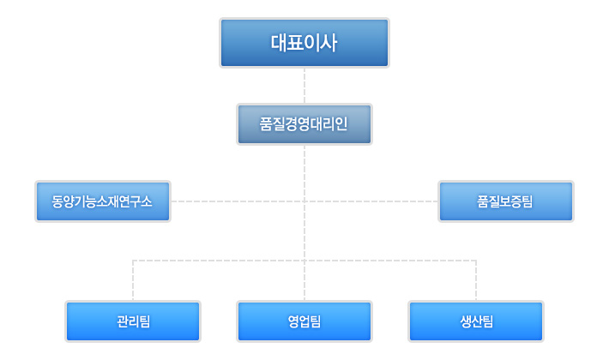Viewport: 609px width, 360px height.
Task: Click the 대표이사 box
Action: [304, 43]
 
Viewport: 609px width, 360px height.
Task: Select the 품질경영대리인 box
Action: [304, 124]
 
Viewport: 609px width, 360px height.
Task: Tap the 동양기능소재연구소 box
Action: [103, 201]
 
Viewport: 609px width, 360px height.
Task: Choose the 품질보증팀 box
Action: [506, 201]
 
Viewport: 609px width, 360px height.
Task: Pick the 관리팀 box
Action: [133, 321]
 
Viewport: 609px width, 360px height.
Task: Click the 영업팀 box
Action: [304, 321]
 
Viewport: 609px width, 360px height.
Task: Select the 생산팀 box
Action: [476, 321]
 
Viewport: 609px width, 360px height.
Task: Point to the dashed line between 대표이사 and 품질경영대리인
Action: [304, 86]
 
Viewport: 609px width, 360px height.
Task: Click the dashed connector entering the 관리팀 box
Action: [133, 280]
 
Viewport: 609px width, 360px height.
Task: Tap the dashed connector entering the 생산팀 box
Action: [476, 280]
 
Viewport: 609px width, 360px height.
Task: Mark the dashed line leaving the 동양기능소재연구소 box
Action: [238, 201]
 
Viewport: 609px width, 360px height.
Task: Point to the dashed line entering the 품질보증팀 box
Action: [371, 201]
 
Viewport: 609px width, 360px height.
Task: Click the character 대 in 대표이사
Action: [279, 43]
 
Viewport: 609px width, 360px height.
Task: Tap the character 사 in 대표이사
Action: [329, 43]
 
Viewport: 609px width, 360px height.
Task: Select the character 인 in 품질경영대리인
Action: [341, 124]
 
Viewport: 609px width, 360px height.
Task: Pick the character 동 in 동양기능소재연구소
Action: [57, 201]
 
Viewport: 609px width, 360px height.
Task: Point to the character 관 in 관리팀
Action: [123, 321]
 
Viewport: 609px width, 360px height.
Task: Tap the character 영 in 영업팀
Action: [293, 321]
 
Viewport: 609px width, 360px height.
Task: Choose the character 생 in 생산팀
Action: [465, 321]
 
